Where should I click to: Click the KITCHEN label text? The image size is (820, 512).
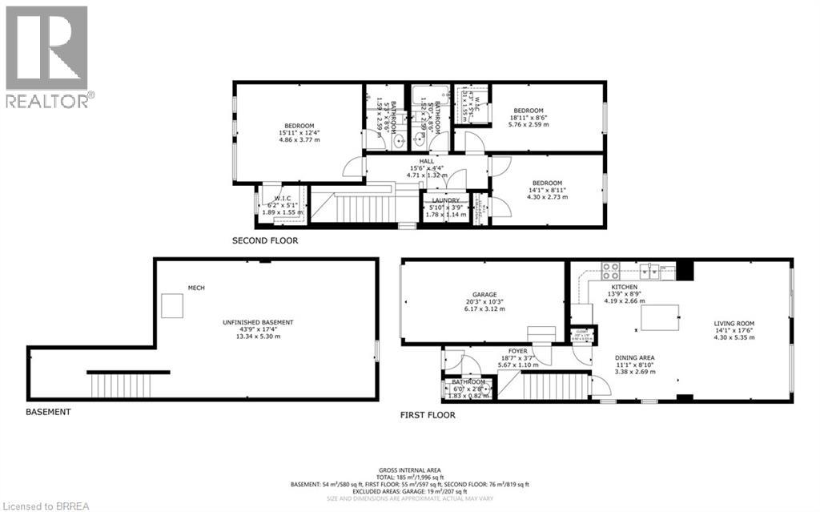(625, 286)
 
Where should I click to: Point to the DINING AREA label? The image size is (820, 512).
(635, 358)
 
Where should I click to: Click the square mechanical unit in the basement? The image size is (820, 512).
(172, 304)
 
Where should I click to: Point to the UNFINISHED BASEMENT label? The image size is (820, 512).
(257, 322)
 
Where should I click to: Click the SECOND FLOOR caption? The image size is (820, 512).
(264, 240)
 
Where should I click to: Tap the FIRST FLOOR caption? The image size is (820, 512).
(428, 415)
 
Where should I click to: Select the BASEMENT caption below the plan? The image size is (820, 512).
(48, 412)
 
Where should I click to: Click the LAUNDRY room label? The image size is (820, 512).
(445, 200)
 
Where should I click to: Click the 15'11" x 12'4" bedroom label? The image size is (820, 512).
(299, 127)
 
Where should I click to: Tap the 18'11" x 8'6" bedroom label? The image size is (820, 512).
(528, 111)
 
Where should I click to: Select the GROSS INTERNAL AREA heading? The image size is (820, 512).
(409, 470)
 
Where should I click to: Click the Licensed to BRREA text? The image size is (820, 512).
(40, 505)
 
